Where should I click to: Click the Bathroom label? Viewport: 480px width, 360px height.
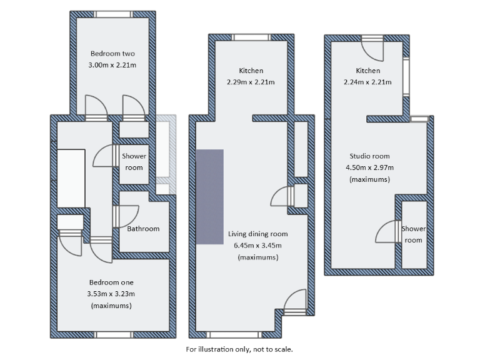coord(143,229)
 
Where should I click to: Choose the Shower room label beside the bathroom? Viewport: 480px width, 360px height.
coord(134,162)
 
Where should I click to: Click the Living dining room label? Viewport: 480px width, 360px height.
coord(257,234)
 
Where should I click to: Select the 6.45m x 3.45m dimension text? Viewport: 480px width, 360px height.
coord(257,245)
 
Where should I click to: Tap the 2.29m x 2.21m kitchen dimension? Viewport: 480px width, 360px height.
coord(251,82)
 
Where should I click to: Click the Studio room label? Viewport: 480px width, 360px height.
coord(369,156)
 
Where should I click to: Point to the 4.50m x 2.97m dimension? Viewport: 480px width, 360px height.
coord(369,167)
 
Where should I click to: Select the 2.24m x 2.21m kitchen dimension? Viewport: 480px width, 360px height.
coord(367,82)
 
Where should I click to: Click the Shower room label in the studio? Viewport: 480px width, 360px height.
coord(413,234)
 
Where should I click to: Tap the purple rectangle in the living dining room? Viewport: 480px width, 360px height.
coord(210,196)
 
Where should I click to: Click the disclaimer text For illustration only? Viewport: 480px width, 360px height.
coord(239,349)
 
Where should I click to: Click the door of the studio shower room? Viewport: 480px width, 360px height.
coord(389,232)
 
